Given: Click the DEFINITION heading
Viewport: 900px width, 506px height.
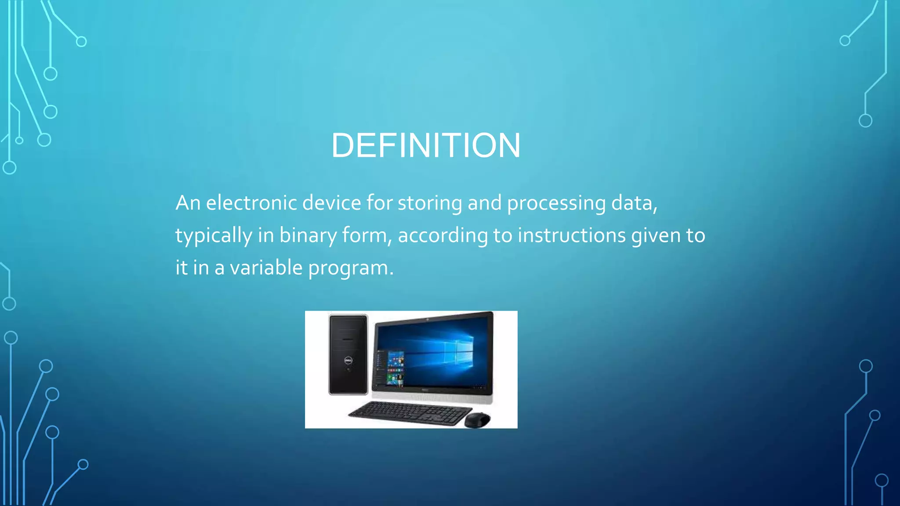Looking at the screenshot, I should point(425,145).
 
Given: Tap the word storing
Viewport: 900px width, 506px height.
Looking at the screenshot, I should point(429,203).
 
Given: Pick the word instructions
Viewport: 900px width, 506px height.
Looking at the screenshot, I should point(571,235).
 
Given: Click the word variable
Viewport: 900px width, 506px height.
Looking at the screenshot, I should point(266,267).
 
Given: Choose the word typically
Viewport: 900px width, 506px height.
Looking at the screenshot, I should point(214,236).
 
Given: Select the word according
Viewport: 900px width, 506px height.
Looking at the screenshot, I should point(443,236).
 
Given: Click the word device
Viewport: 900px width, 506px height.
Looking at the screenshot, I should point(332,203).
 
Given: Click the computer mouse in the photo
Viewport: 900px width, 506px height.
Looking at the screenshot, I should point(477,419).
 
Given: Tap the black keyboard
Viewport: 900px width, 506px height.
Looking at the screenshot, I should point(408,413).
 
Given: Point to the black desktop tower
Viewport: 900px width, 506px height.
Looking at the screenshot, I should point(348,354).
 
